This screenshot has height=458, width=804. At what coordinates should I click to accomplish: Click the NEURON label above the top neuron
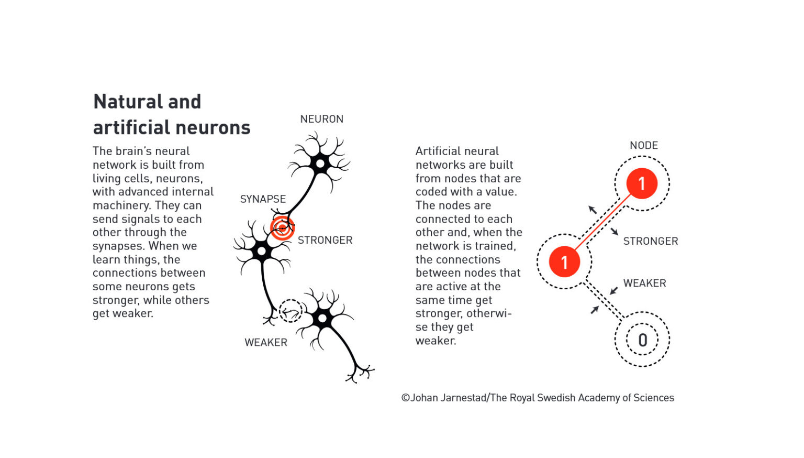point(321,119)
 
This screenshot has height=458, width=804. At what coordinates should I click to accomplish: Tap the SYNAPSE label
point(263,199)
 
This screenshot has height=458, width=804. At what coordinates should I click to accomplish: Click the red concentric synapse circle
point(282,227)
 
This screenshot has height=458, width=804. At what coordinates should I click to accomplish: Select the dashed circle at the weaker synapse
point(291,311)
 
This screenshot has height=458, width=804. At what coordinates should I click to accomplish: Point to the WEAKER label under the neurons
point(266,342)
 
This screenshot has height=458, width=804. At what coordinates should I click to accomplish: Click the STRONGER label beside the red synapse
point(325,240)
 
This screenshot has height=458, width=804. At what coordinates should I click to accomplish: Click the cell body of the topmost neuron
point(320,164)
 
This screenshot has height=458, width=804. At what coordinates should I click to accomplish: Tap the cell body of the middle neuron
point(262,252)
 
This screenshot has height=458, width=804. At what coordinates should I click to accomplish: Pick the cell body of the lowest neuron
point(322,318)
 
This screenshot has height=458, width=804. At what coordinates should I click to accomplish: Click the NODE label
point(644,145)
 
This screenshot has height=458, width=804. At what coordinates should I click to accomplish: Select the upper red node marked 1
point(642,183)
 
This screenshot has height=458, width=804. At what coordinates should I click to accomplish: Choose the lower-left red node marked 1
point(564,261)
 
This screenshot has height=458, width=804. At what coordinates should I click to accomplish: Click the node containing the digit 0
point(642,340)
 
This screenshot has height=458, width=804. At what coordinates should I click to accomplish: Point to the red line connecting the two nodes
point(603,222)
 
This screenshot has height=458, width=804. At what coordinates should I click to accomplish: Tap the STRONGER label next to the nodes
point(651,241)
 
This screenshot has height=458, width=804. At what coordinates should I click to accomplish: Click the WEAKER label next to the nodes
point(644,283)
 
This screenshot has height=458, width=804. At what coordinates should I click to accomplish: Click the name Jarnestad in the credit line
point(463,398)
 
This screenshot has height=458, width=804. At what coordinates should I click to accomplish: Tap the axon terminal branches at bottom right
point(360,373)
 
